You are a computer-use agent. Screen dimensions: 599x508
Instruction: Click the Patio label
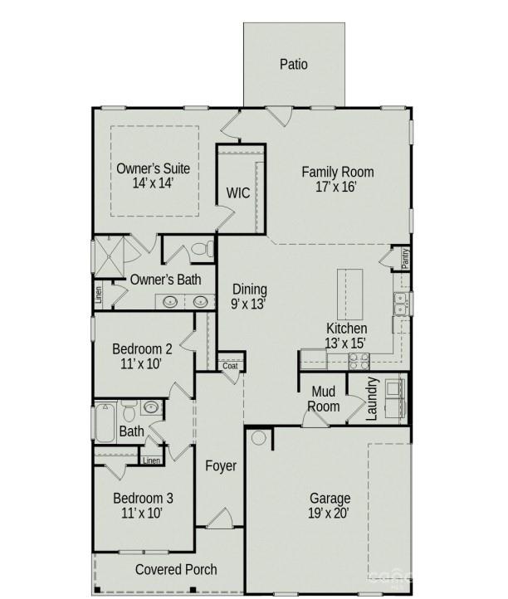coord(294,64)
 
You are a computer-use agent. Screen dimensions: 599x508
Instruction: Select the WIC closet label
coord(238,193)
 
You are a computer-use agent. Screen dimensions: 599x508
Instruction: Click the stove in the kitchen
coord(359,360)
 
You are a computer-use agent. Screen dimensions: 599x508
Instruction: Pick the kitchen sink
coord(401,304)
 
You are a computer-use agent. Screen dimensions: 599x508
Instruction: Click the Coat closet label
coord(230,366)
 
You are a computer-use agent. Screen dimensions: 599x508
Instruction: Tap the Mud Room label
coord(325,399)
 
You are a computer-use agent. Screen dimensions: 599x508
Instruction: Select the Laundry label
coord(373,397)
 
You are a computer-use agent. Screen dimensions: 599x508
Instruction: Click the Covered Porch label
coord(176,569)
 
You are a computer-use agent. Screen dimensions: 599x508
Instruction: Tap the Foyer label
coord(221,466)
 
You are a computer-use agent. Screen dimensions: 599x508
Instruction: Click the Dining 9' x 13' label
coord(249,296)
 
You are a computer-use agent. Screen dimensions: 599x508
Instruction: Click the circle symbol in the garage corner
coord(258,437)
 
